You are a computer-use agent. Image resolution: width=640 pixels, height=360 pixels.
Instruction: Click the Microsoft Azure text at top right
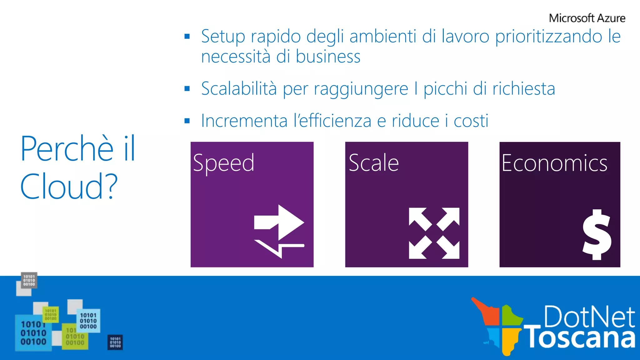pyautogui.click(x=587, y=18)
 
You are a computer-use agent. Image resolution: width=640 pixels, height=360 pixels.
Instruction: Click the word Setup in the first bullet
pyautogui.click(x=223, y=37)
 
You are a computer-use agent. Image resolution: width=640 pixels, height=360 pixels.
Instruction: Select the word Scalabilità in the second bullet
pyautogui.click(x=239, y=89)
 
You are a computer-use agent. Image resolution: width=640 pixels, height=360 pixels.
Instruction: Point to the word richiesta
pyautogui.click(x=524, y=89)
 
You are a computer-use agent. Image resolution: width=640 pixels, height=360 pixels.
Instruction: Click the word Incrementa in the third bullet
pyautogui.click(x=244, y=121)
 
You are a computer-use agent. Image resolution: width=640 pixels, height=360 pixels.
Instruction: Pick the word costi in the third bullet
pyautogui.click(x=471, y=121)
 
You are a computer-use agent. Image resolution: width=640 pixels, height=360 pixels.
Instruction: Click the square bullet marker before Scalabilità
pyautogui.click(x=187, y=89)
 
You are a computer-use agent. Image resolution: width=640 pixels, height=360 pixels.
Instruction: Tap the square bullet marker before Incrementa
pyautogui.click(x=187, y=121)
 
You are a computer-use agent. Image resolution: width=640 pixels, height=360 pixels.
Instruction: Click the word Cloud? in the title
pyautogui.click(x=69, y=187)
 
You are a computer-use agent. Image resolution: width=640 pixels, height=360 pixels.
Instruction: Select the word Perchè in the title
pyautogui.click(x=67, y=149)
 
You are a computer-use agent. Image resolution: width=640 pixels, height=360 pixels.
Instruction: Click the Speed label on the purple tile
pyautogui.click(x=223, y=163)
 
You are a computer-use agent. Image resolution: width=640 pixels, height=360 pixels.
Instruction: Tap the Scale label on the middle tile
pyautogui.click(x=374, y=163)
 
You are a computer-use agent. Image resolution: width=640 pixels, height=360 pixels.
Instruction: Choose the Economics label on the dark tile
pyautogui.click(x=554, y=163)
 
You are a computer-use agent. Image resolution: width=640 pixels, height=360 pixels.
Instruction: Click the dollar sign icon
pyautogui.click(x=597, y=235)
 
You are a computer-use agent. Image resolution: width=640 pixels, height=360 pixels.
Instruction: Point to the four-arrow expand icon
pyautogui.click(x=434, y=233)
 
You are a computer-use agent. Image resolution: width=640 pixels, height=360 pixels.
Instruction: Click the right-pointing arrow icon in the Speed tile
pyautogui.click(x=279, y=222)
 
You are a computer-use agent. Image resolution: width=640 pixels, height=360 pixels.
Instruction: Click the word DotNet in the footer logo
pyautogui.click(x=589, y=317)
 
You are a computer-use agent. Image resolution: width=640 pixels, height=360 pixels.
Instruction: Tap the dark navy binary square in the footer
pyautogui.click(x=115, y=342)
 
